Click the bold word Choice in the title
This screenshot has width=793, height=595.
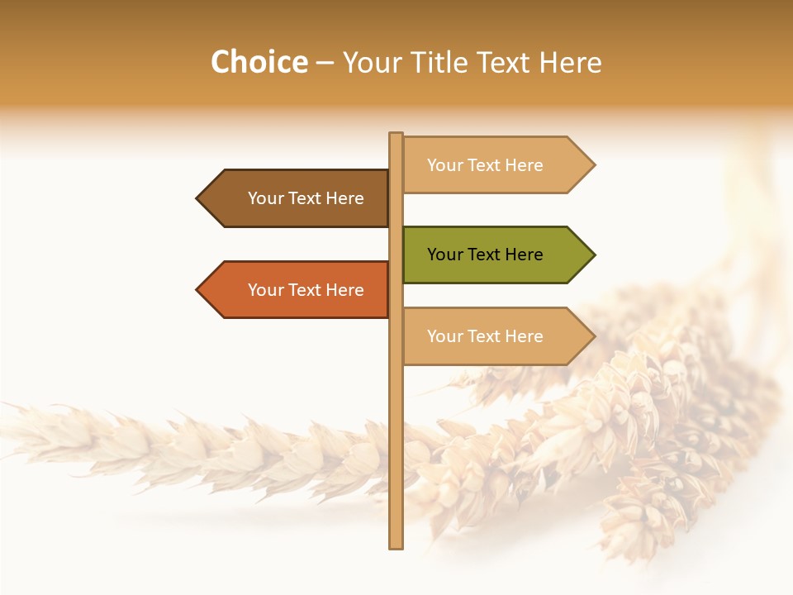259,62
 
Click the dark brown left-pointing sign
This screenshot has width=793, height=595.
297,198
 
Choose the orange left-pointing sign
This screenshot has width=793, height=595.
297,290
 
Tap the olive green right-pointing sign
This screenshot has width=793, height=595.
496,255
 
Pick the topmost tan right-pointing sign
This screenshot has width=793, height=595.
496,165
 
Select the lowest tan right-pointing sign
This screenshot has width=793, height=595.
496,336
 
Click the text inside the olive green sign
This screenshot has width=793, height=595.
485,255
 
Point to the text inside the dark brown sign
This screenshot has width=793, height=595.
306,198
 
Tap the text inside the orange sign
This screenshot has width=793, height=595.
306,290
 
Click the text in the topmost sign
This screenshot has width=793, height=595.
485,165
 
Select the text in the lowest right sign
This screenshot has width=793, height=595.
485,336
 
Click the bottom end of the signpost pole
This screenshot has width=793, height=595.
396,545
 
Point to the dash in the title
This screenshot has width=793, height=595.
325,63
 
